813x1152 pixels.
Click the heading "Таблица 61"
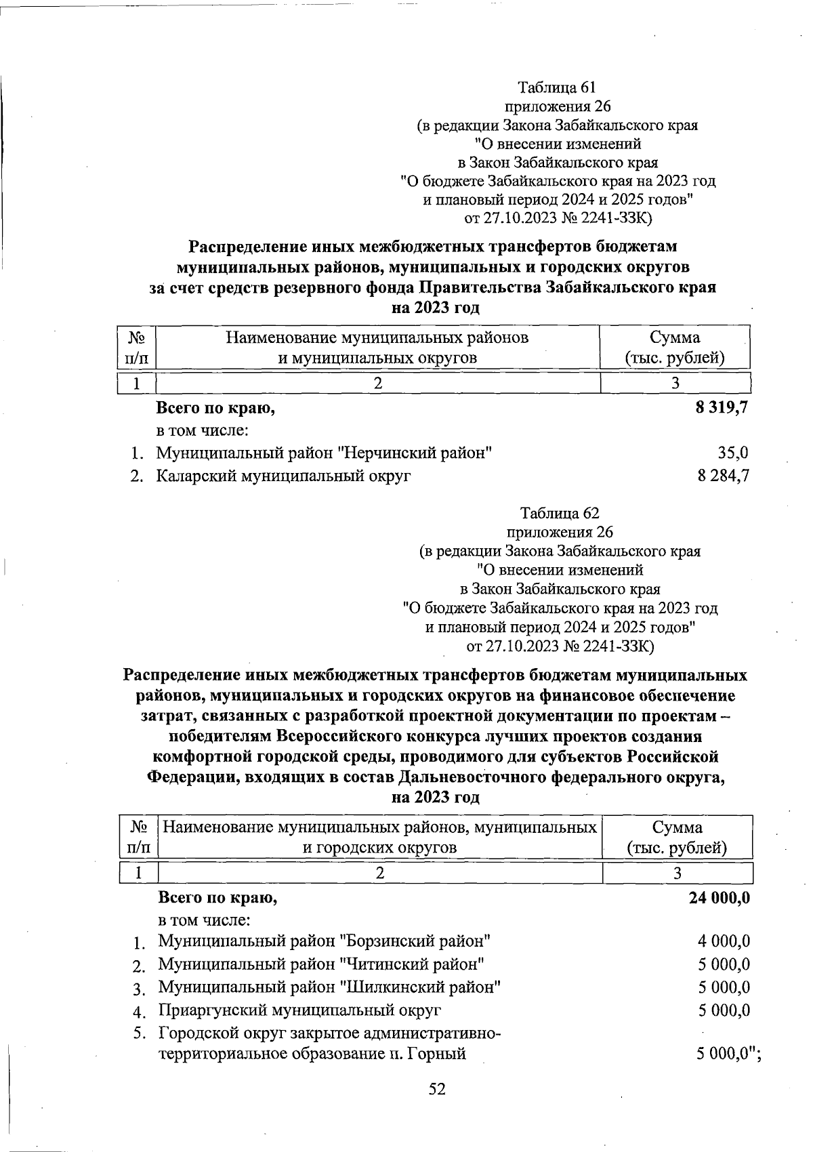pyautogui.click(x=556, y=87)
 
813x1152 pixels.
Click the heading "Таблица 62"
pyautogui.click(x=559, y=513)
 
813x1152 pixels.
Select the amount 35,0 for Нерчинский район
pyautogui.click(x=733, y=453)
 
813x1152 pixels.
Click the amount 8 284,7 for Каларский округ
pyautogui.click(x=723, y=476)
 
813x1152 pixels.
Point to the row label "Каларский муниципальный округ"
pyautogui.click(x=284, y=476)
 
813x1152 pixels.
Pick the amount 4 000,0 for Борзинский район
pyautogui.click(x=724, y=941)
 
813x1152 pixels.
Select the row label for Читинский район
pyautogui.click(x=321, y=964)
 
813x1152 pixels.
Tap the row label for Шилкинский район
pyautogui.click(x=329, y=987)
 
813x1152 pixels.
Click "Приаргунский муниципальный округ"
pyautogui.click(x=299, y=1010)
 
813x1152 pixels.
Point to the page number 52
pyautogui.click(x=438, y=1089)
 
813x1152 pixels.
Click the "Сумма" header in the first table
pyautogui.click(x=675, y=337)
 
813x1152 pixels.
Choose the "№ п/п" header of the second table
pyautogui.click(x=138, y=837)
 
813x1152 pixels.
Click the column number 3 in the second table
pyautogui.click(x=677, y=873)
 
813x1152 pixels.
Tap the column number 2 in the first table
pyautogui.click(x=378, y=383)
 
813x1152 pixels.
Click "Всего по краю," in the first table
pyautogui.click(x=216, y=408)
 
